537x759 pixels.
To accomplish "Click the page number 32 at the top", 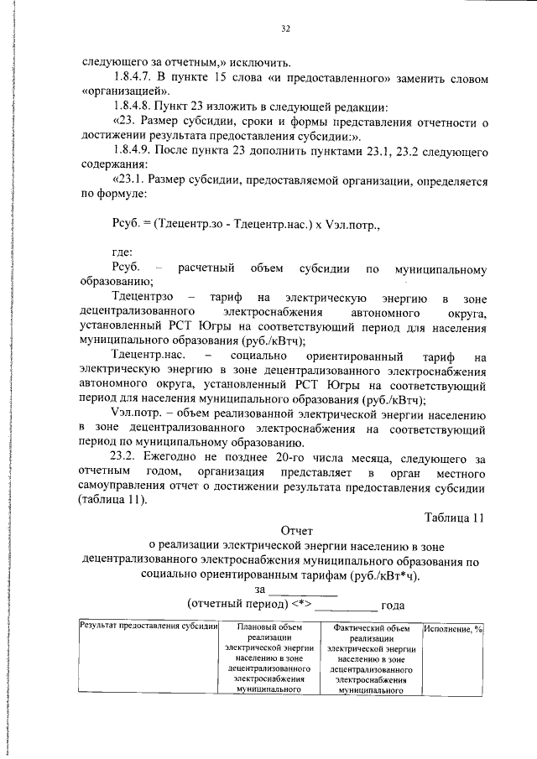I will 285,29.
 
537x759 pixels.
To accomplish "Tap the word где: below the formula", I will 124,252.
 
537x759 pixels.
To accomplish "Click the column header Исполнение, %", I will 454,629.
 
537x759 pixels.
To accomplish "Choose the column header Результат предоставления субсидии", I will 149,626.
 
